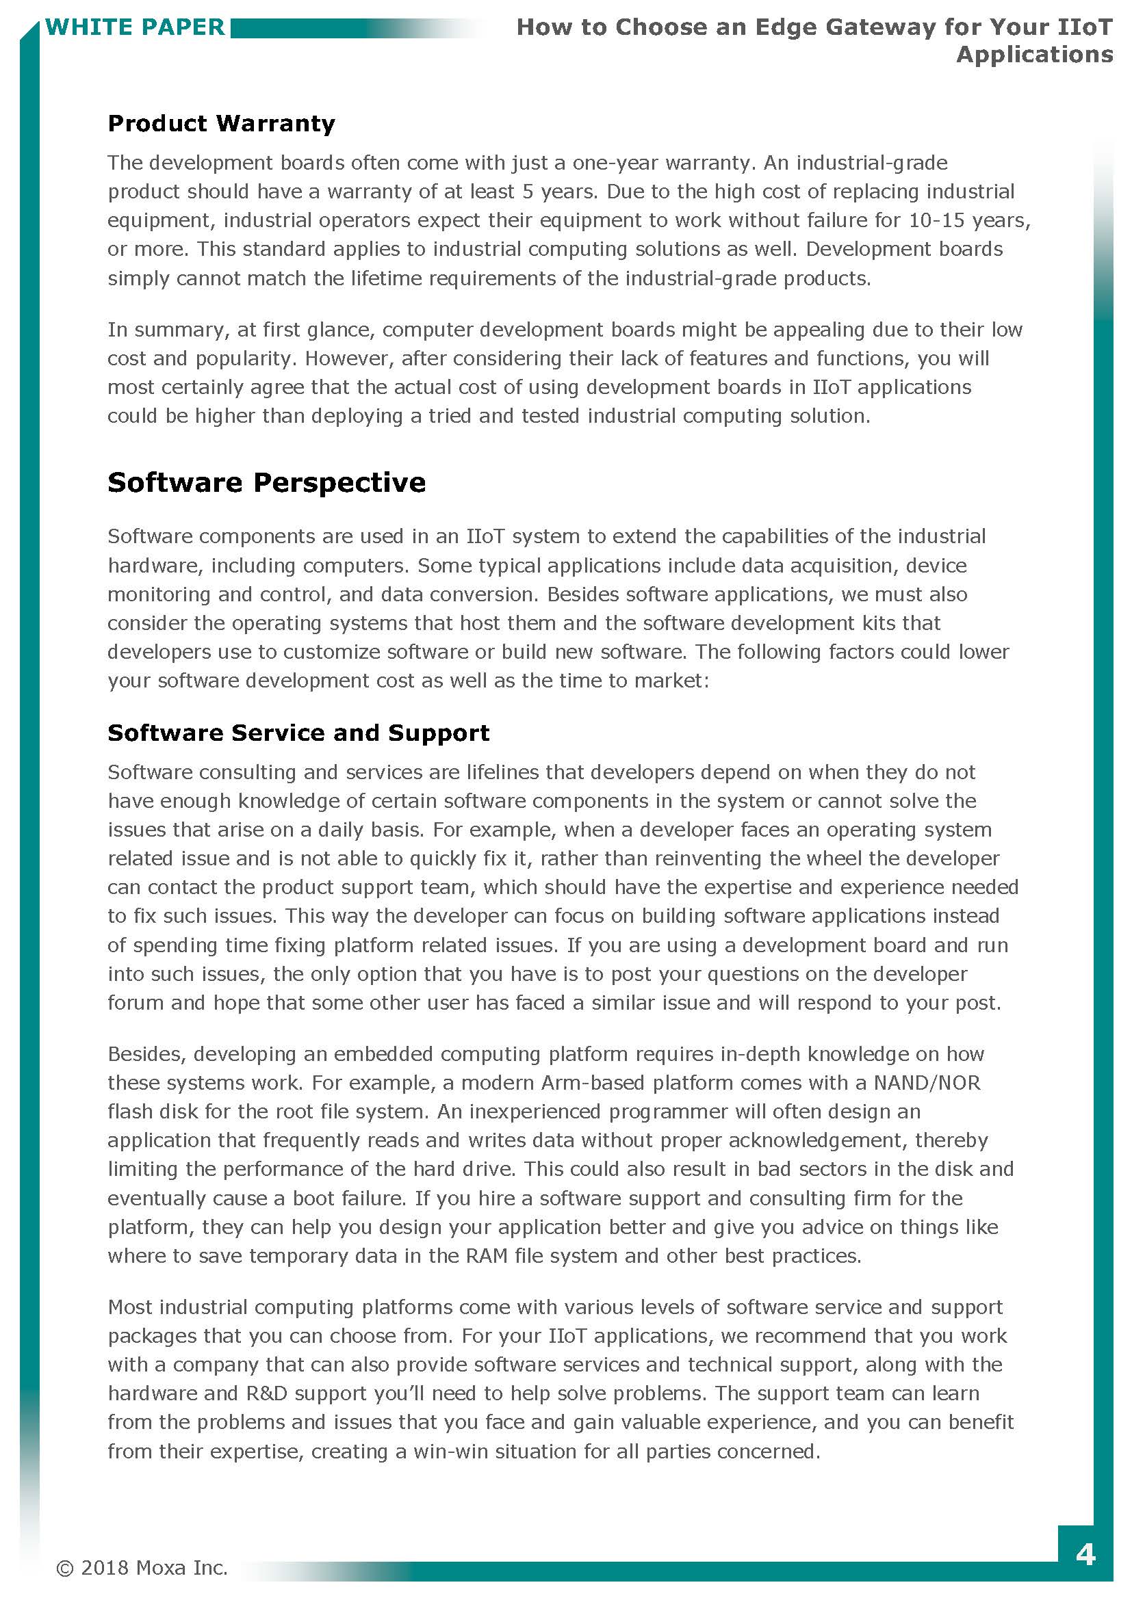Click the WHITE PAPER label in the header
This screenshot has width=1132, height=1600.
point(135,27)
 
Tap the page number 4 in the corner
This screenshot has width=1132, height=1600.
point(1085,1555)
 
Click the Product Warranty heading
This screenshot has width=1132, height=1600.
point(221,123)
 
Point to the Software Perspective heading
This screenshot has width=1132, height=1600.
point(266,482)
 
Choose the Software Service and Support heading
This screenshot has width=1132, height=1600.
point(298,733)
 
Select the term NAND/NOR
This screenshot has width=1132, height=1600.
point(927,1082)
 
